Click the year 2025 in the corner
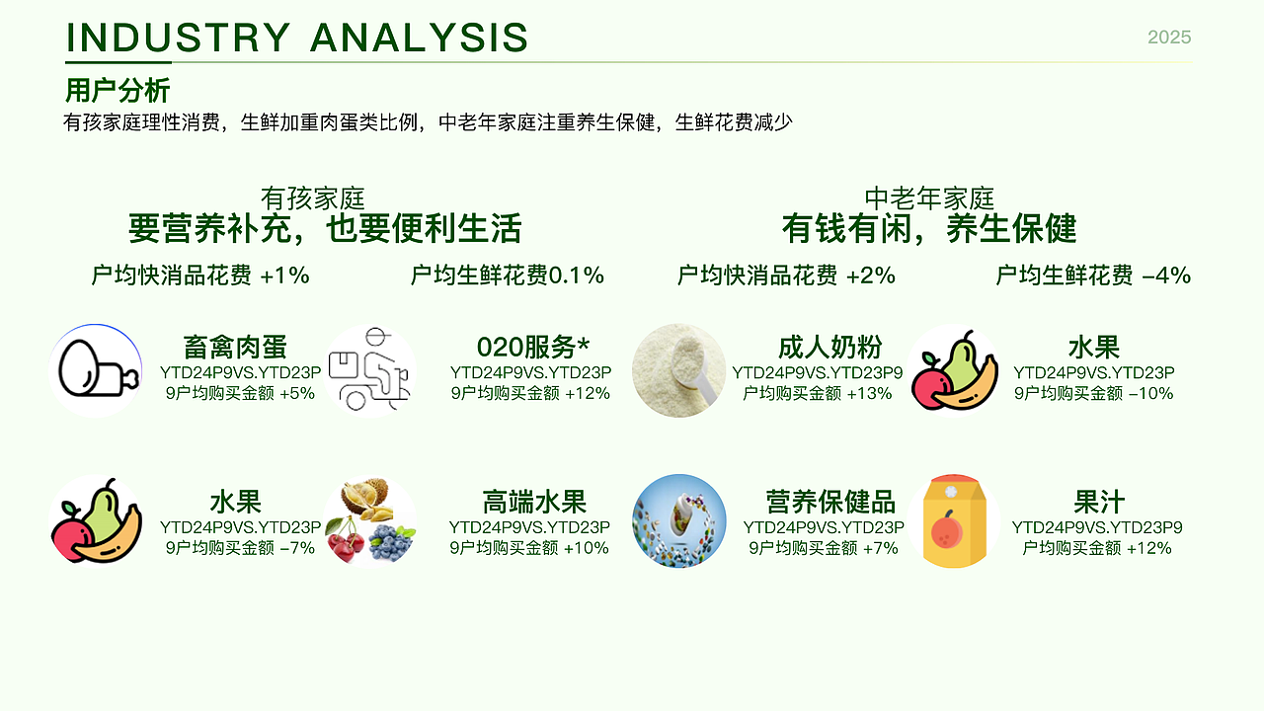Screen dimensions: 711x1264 pos(1169,38)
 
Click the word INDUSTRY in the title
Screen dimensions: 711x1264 pos(178,38)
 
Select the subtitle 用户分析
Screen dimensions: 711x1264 pos(118,91)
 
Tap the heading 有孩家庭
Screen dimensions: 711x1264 pos(312,199)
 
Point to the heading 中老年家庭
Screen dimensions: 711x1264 pos(929,199)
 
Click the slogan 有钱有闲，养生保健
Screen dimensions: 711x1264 pos(929,229)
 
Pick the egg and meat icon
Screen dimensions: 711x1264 pos(96,370)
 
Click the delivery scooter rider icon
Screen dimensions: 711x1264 pos(370,371)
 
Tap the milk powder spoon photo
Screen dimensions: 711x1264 pos(678,370)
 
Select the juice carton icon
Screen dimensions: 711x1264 pos(953,521)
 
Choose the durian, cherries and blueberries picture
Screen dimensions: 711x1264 pos(370,521)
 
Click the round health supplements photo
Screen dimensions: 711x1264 pos(678,521)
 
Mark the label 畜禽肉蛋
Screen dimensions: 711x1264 pos(235,348)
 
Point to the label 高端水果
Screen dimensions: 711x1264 pos(534,502)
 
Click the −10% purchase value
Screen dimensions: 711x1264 pos(1151,393)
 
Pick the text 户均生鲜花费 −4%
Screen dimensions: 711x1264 pos(1092,276)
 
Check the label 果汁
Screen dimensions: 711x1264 pos(1099,502)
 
